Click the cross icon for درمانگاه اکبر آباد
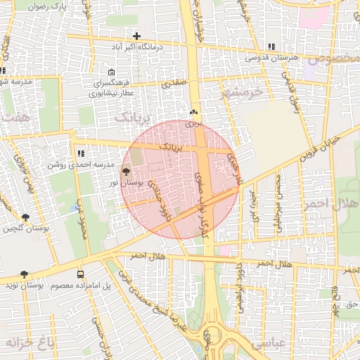point(136,36)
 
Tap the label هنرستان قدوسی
point(272,57)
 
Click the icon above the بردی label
point(193,112)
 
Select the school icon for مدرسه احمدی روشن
point(81,153)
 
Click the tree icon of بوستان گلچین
point(25,217)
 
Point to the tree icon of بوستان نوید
point(24,274)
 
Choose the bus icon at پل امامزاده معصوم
point(81,274)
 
